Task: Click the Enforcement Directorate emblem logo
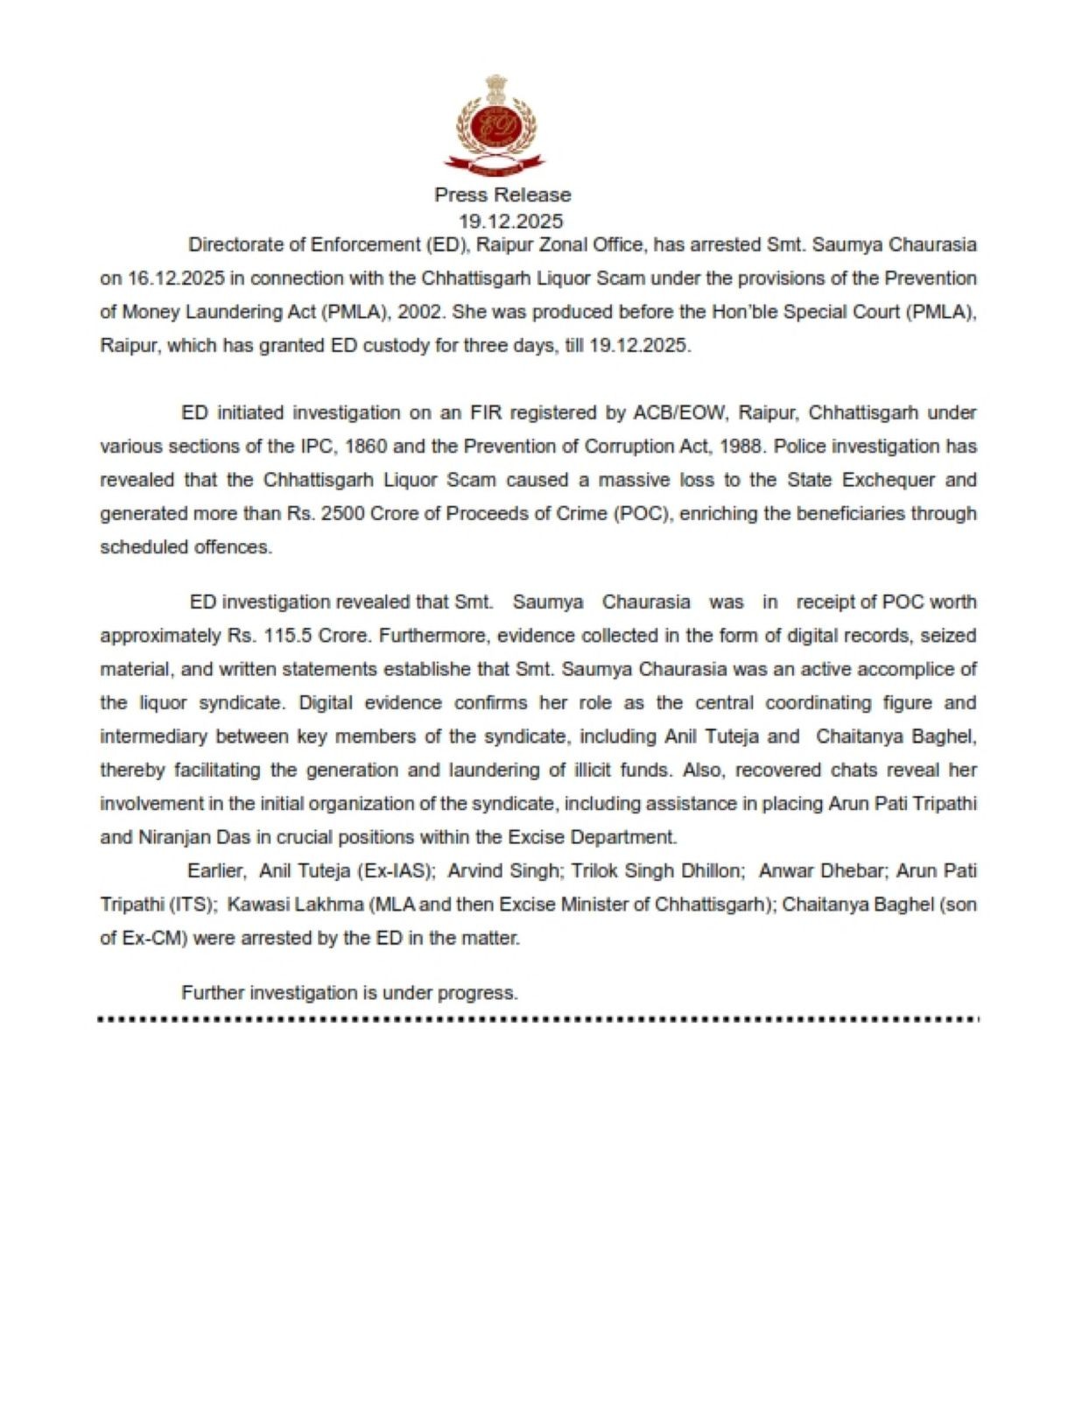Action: tap(495, 124)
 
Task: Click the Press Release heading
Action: tap(502, 195)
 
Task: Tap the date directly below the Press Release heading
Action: tap(510, 221)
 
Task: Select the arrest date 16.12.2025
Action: tap(176, 278)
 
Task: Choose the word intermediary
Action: tap(153, 736)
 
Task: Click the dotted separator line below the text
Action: tap(539, 1019)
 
